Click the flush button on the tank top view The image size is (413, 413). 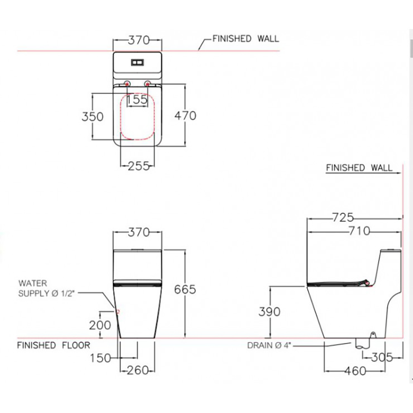point(138,63)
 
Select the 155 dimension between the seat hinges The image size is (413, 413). point(137,100)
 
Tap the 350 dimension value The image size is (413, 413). point(92,117)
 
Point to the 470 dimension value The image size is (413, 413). point(185,116)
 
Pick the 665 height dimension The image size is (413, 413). point(185,290)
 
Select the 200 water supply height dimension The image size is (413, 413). point(100,325)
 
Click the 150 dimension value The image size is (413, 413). point(100,358)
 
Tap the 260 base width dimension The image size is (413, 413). point(138,370)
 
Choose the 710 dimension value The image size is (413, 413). point(358,231)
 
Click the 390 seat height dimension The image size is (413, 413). point(269,312)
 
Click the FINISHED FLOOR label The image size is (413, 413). point(53,345)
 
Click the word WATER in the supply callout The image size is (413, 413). point(33,283)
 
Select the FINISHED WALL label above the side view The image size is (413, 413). point(359,168)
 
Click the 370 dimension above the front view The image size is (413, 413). point(138,233)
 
